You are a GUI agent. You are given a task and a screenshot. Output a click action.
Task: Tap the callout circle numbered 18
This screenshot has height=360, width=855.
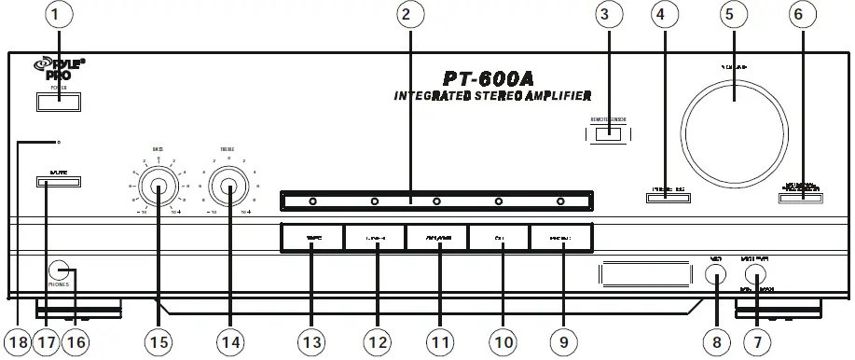tap(16, 342)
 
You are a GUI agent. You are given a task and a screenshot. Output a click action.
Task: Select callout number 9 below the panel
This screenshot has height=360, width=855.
tap(562, 342)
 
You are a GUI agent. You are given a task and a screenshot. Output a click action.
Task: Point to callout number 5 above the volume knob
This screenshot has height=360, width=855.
tap(731, 17)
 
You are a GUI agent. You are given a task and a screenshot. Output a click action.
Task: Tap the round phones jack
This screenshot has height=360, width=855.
tap(59, 270)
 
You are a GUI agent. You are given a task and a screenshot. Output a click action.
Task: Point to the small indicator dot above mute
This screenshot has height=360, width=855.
tap(60, 143)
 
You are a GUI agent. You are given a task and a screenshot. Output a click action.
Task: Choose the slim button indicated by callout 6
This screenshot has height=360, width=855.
tap(801, 196)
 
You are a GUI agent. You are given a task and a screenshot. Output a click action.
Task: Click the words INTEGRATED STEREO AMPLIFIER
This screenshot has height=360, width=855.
tap(492, 96)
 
